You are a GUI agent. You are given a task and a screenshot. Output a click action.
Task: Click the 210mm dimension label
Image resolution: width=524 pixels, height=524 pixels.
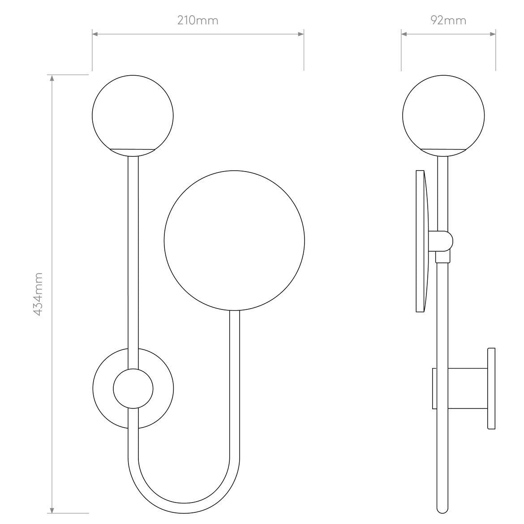coord(198,20)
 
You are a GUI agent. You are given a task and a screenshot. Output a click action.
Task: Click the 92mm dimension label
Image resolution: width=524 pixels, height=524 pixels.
coord(448,20)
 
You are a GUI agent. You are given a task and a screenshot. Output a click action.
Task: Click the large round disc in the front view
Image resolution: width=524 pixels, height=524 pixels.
coord(235,240)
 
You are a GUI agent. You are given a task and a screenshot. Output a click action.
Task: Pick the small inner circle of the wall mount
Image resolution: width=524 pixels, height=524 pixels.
coord(133,388)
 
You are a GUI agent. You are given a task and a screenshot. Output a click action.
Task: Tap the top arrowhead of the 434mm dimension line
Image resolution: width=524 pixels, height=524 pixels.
coord(52,78)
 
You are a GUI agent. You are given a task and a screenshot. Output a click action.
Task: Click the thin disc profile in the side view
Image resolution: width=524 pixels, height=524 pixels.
coord(421,241)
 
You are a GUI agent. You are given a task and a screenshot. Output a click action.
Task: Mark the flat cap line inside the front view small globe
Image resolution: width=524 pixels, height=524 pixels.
coord(133,147)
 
